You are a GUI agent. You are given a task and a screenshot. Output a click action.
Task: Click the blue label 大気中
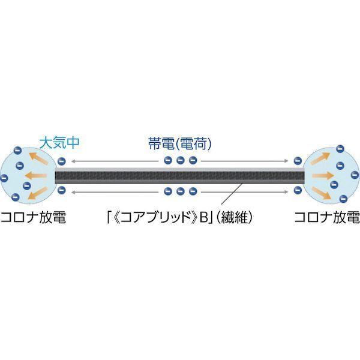[x=59, y=142]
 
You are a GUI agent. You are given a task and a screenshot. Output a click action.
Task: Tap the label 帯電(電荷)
[x=179, y=143]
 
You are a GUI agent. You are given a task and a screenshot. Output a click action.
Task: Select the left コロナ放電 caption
[x=33, y=217]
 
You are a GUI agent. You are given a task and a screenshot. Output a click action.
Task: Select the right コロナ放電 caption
[x=327, y=217]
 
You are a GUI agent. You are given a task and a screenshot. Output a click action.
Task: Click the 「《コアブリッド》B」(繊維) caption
[x=179, y=217]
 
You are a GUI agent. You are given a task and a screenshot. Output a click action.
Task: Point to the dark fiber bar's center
[x=180, y=176]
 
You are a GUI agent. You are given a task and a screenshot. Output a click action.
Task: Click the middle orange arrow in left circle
[x=36, y=176]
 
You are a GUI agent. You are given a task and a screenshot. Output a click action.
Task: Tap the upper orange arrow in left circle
[x=38, y=158]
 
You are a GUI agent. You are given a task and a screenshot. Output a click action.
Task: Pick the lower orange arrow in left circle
[x=37, y=194]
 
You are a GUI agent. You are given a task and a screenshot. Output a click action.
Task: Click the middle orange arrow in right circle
[x=323, y=176]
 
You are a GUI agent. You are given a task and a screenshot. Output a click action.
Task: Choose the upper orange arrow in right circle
[x=320, y=158]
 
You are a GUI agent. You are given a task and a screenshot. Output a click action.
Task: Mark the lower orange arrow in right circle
[x=322, y=193]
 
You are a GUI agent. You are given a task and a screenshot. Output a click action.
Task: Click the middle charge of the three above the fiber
[x=181, y=160]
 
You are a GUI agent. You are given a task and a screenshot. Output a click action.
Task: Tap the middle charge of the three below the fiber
[x=181, y=191]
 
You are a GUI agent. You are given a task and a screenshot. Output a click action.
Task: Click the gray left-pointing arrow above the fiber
[x=115, y=161]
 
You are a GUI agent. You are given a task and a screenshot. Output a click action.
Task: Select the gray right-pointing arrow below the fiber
[x=245, y=192]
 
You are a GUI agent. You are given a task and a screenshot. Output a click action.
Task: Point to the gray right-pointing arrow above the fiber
[x=245, y=161]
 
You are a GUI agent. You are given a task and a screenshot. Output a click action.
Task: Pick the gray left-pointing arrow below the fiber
[x=115, y=192]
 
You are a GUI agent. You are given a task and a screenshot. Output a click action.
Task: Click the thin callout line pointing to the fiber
[x=232, y=193]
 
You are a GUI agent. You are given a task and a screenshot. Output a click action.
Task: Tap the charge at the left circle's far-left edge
[x=4, y=178]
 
